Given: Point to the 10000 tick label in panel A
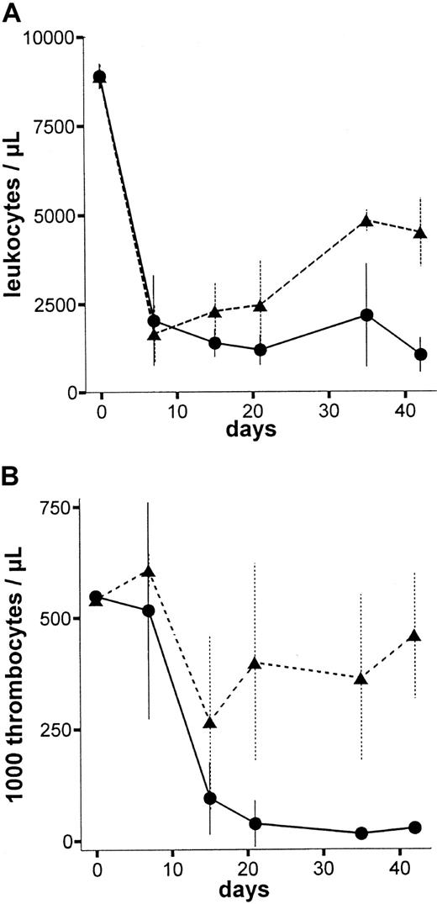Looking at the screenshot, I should pos(49,38).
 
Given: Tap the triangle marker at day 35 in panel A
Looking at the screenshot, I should pos(366,221).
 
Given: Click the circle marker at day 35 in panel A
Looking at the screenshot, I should pos(366,315).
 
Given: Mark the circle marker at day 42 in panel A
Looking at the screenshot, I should pos(420,354).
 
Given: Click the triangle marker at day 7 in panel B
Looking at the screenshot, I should pos(149,572).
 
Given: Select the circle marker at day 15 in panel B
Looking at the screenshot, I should pos(210,798).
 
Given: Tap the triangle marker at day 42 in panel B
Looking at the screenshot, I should pos(413,635).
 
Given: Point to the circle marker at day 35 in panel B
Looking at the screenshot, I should pos(361,833).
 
